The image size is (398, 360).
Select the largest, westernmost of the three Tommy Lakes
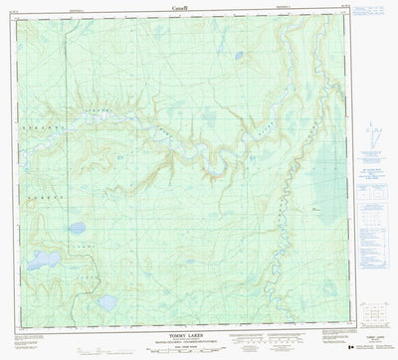(x=43, y=262)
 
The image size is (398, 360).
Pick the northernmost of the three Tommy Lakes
(x=77, y=228)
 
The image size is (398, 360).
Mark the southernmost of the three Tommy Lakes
(x=105, y=301)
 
